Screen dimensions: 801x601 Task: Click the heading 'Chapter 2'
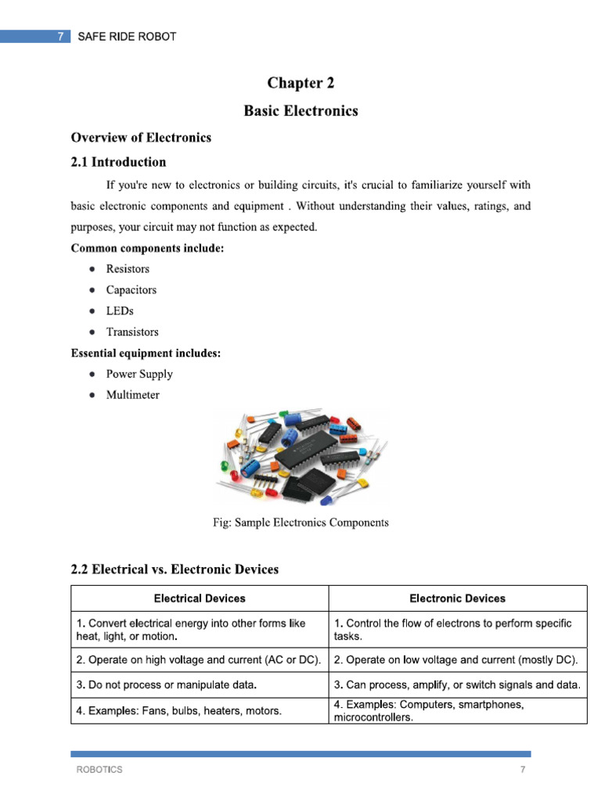point(300,83)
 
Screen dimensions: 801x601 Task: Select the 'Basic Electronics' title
point(300,111)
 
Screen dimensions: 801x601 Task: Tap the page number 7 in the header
point(61,37)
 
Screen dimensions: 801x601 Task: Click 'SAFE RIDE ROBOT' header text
point(127,37)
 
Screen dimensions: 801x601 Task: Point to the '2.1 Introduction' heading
point(118,162)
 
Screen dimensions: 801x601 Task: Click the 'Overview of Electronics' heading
point(141,138)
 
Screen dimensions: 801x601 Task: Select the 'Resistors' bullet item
point(128,269)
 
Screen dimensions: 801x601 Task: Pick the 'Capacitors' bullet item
point(131,290)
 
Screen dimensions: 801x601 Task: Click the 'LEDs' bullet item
point(120,311)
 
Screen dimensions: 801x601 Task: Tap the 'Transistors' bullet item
point(132,332)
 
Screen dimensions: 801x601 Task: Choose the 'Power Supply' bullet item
point(139,374)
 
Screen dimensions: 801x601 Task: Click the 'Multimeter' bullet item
point(132,395)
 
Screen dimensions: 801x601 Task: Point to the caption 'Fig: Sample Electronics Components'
point(300,523)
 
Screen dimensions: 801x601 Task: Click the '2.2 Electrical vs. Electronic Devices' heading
point(175,569)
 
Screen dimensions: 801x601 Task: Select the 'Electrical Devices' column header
point(200,598)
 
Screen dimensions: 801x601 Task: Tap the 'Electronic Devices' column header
point(457,598)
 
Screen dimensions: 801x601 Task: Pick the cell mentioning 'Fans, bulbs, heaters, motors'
point(179,711)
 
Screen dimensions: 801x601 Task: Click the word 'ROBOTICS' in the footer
point(99,770)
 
